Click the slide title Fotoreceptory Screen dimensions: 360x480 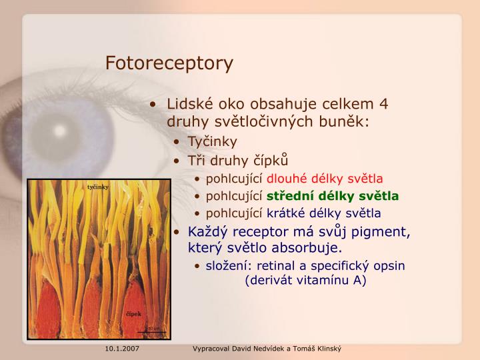(169, 63)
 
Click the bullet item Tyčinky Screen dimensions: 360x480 (212, 142)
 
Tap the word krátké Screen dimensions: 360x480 (286, 213)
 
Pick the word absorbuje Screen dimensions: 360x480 (312, 249)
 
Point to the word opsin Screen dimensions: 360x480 (390, 266)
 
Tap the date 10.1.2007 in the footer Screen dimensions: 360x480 (121, 349)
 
